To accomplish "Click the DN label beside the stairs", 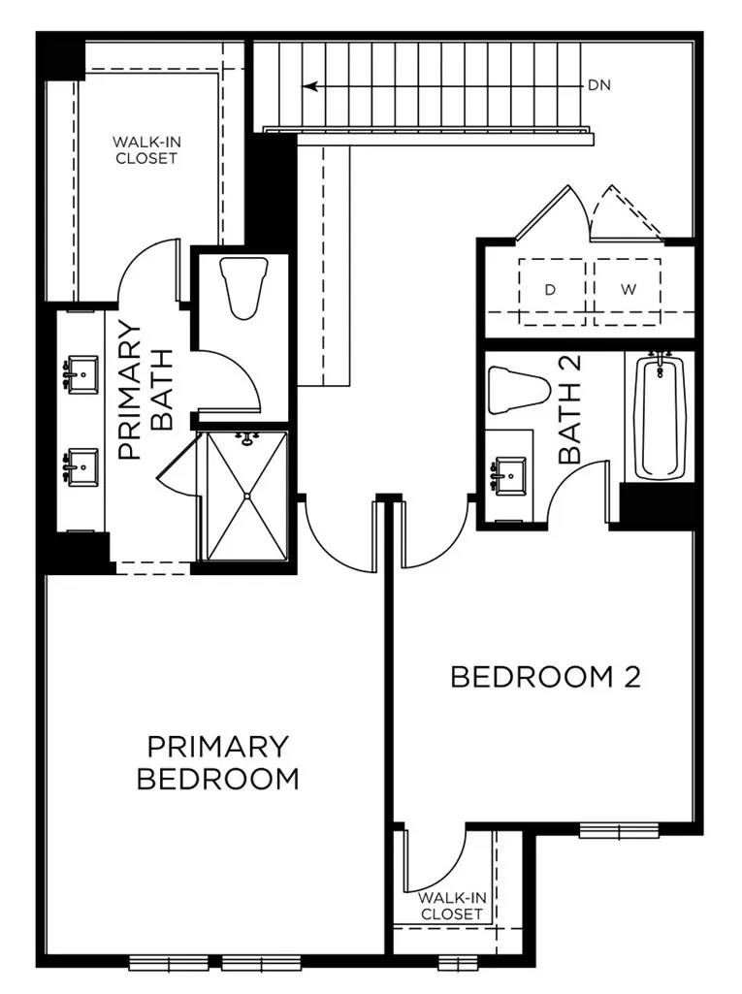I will click(x=598, y=85).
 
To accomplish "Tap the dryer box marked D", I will click(x=551, y=290).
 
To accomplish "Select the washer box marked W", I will click(x=628, y=290).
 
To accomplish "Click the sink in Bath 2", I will click(x=509, y=475).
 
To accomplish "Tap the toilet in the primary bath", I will click(x=241, y=287).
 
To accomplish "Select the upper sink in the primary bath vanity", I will click(x=81, y=371).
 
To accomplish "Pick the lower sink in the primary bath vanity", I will click(x=81, y=466).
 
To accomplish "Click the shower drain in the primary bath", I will click(x=247, y=496).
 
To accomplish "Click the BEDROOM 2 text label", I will click(x=545, y=677).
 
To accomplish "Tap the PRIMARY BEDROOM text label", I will click(x=217, y=762).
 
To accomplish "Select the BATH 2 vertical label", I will click(x=570, y=409).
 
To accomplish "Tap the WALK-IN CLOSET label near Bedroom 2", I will click(x=451, y=906).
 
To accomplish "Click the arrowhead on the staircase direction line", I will click(x=309, y=86).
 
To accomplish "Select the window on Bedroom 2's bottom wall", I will click(x=619, y=830).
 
